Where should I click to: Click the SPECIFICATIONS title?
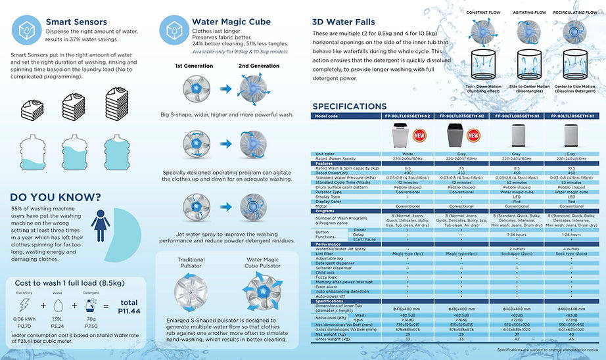coord(349,106)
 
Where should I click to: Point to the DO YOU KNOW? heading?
coord(55,197)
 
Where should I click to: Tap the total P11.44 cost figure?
coord(128,307)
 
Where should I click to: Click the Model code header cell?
coord(327,116)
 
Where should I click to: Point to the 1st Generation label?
coord(195,66)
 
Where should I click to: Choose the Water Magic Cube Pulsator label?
coord(262,264)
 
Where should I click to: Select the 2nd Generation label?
coord(258,66)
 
